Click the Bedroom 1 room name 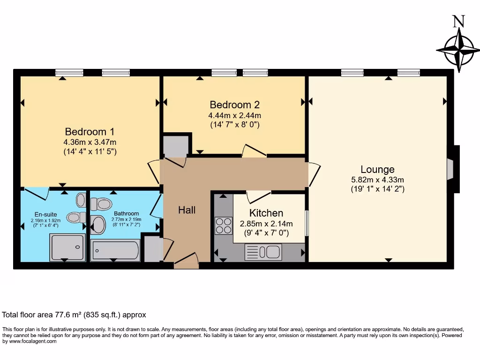pyautogui.click(x=90, y=132)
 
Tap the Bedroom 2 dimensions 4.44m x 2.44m pyautogui.click(x=234, y=115)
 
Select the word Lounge pyautogui.click(x=377, y=170)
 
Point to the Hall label pyautogui.click(x=187, y=210)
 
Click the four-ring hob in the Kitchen pyautogui.click(x=224, y=225)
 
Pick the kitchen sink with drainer pyautogui.click(x=262, y=252)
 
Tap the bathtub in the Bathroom pyautogui.click(x=115, y=250)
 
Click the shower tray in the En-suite pyautogui.click(x=68, y=247)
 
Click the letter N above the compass pyautogui.click(x=458, y=22)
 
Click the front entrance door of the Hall pyautogui.click(x=186, y=261)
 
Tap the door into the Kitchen pyautogui.click(x=258, y=196)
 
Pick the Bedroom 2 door pyautogui.click(x=254, y=150)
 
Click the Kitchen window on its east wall pyautogui.click(x=307, y=223)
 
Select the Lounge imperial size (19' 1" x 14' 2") pyautogui.click(x=377, y=189)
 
